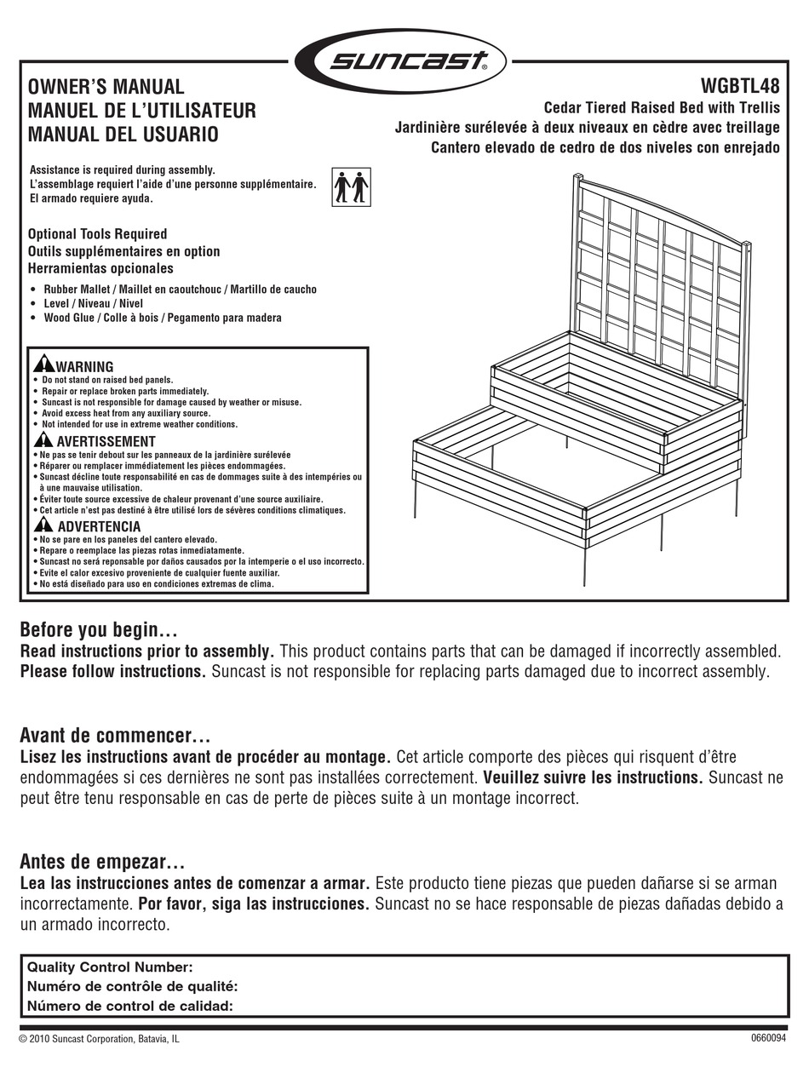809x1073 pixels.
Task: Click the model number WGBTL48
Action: [739, 87]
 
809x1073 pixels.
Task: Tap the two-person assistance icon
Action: [351, 187]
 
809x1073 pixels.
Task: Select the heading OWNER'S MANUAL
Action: [106, 87]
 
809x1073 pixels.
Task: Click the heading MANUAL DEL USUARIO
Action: [123, 135]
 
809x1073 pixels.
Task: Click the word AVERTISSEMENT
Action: [106, 441]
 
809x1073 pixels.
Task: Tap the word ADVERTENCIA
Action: [99, 527]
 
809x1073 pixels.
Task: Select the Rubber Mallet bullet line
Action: [180, 290]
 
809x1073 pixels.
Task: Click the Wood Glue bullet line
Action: [162, 318]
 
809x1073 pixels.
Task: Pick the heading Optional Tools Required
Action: [97, 234]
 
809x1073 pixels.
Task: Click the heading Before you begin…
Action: [98, 631]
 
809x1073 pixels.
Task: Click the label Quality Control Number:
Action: [111, 967]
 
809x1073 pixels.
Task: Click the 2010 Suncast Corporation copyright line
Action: [100, 1039]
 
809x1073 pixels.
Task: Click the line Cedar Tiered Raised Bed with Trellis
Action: [662, 108]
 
